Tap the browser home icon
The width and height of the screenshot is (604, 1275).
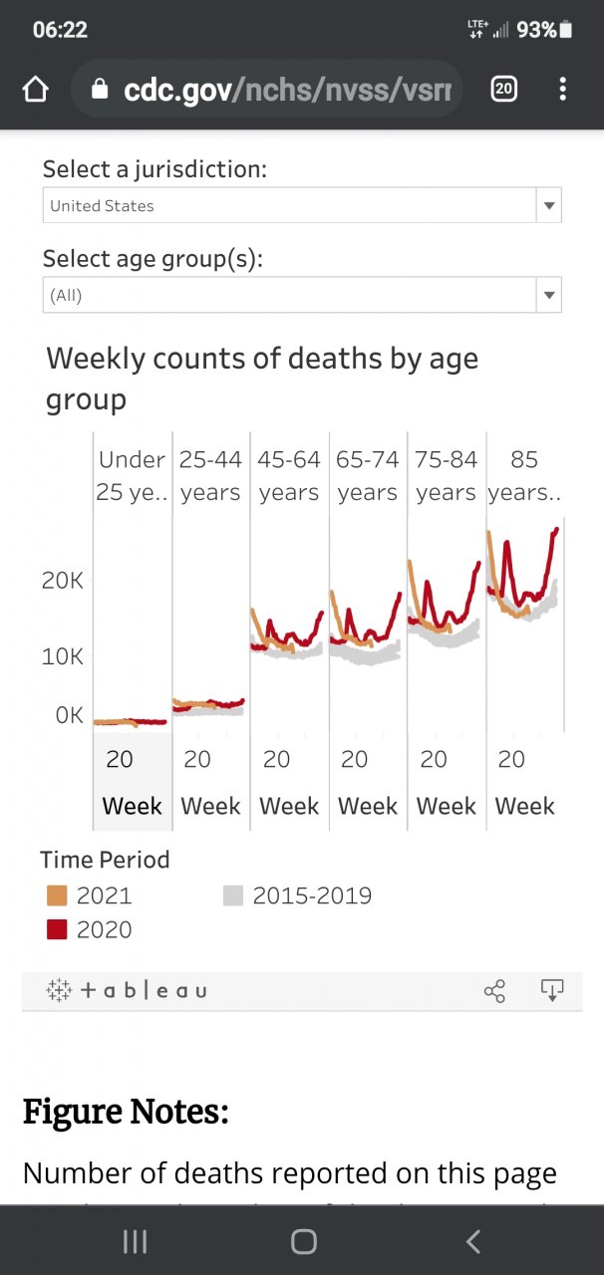click(36, 90)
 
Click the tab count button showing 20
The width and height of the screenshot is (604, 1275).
click(504, 90)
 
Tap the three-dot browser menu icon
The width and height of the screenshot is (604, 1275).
click(563, 90)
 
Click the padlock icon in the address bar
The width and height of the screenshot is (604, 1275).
click(99, 90)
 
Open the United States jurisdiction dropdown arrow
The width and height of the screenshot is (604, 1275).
click(548, 206)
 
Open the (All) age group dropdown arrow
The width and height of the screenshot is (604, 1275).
click(548, 295)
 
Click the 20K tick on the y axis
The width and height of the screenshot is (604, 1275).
click(63, 581)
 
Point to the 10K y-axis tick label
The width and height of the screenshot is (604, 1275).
click(63, 656)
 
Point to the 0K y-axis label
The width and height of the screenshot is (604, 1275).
click(70, 715)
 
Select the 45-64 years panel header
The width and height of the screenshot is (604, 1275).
click(289, 476)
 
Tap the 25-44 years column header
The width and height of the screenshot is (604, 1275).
click(210, 476)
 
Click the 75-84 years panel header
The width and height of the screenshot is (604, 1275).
click(447, 476)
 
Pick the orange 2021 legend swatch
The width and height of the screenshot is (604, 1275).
click(57, 895)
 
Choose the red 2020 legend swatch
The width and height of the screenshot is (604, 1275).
click(57, 929)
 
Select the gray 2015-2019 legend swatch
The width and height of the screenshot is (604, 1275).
click(232, 895)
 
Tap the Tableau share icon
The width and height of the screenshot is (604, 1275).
click(494, 990)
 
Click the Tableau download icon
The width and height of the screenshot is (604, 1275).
click(551, 989)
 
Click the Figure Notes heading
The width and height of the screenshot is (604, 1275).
click(126, 1112)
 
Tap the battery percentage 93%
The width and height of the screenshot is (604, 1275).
click(536, 30)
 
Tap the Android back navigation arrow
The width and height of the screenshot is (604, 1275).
click(473, 1241)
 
